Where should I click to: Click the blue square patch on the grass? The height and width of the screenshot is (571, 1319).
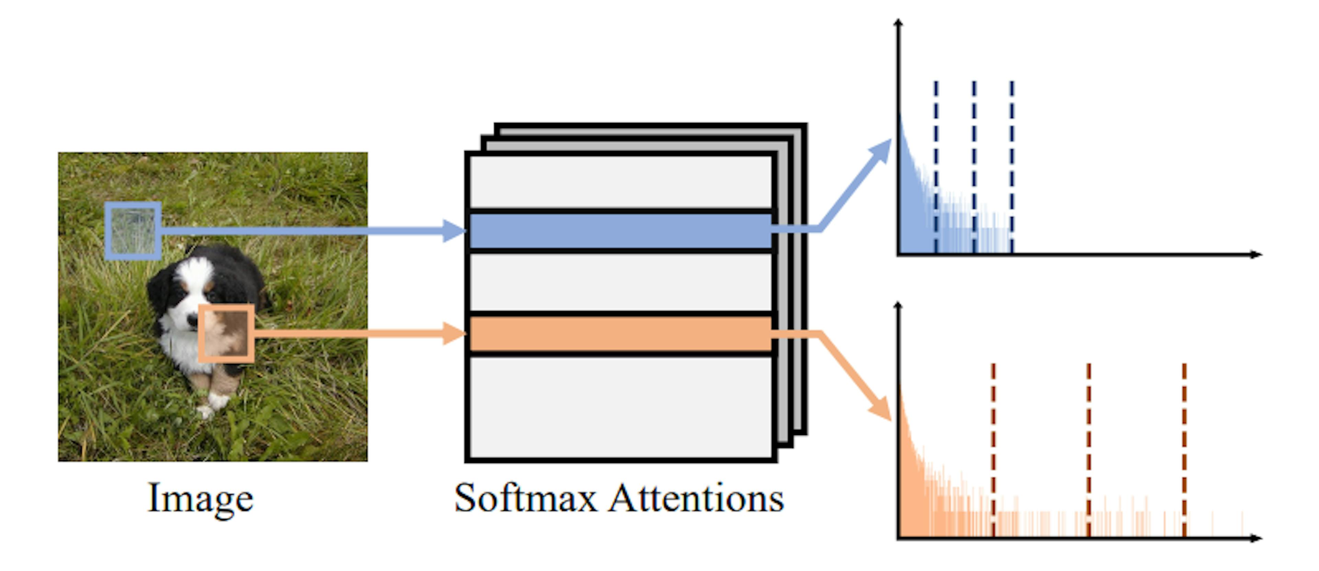click(133, 231)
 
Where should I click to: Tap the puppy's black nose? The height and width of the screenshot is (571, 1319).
click(192, 321)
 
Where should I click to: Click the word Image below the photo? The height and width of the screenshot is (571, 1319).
click(200, 498)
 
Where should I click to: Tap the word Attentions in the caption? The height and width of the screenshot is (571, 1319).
click(696, 498)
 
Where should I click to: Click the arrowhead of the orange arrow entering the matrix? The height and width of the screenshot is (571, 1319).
click(455, 334)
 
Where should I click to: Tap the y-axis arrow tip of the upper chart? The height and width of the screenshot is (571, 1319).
click(898, 23)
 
